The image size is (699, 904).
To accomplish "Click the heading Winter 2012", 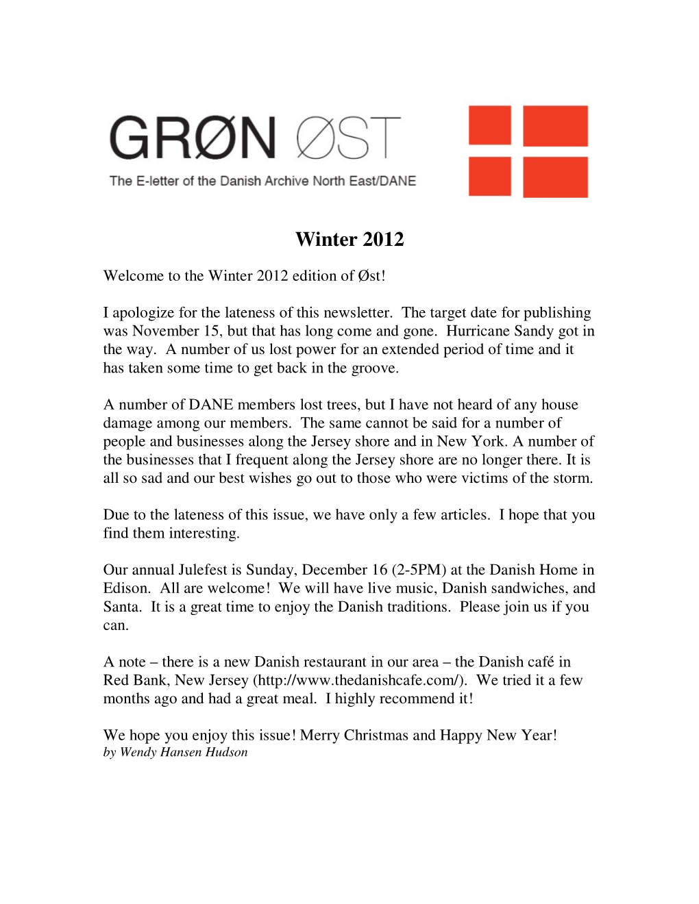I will [349, 239].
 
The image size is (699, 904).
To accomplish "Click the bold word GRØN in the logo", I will [193, 138].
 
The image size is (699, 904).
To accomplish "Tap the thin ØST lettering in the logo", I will [348, 138].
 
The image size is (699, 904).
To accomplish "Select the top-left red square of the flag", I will [489, 125].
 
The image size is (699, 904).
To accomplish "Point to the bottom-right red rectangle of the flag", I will [555, 177].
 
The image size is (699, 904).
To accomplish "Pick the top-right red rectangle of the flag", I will [555, 125].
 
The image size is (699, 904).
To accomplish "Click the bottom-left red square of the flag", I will [489, 177].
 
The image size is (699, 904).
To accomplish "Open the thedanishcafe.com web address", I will [360, 680].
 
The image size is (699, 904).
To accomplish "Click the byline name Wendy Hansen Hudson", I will [184, 752].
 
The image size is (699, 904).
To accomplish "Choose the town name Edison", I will [126, 588].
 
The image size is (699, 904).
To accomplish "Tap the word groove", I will [374, 368].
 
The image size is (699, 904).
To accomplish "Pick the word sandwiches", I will [528, 588].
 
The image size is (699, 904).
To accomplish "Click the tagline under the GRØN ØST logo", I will [262, 181].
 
